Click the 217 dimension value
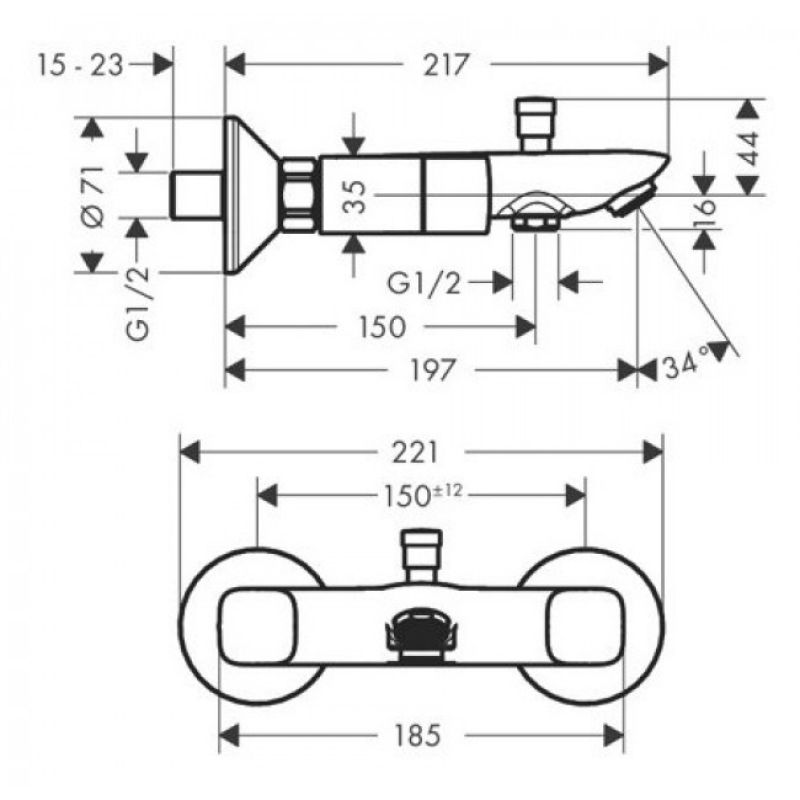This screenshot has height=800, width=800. pos(446,65)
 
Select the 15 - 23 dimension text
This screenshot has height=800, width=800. pos(81,66)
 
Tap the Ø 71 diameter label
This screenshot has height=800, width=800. pos(94,196)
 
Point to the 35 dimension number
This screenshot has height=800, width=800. pos(355,196)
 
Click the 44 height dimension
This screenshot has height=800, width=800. pos(749,148)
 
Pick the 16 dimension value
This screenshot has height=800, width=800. pos(705,207)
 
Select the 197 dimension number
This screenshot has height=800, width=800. pos(432,370)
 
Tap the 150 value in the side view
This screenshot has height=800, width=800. pos(383,327)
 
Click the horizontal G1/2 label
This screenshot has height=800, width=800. pos(424,283)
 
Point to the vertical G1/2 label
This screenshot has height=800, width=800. pos(138,303)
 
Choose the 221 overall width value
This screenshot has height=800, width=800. pos(415,452)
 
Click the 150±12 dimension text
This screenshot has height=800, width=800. pos(423,495)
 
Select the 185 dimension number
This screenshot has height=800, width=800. pos(417,735)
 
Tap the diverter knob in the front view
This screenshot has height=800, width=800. pos(421,556)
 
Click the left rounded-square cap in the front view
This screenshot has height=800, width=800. pos(258,627)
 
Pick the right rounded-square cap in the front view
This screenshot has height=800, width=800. pos(585,627)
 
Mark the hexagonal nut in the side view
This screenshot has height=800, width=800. pos(298,195)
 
